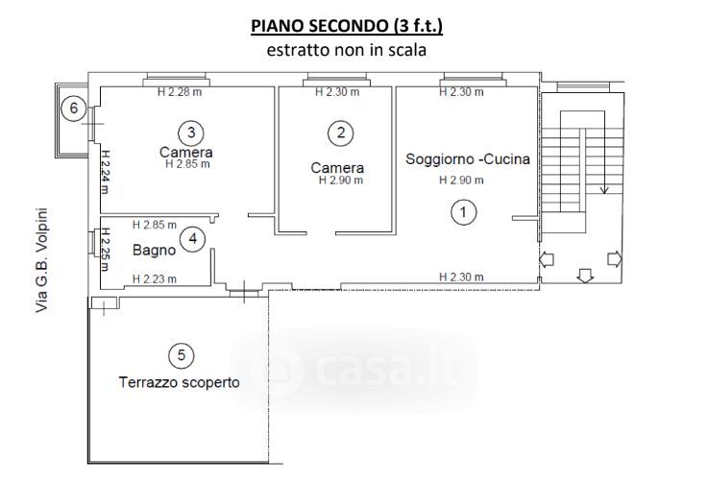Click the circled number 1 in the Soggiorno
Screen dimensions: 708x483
coord(464,211)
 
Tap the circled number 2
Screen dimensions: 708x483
coord(340,133)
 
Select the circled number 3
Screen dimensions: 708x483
coord(191,133)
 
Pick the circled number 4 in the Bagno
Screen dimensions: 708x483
coord(193,239)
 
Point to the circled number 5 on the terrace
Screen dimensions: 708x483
coord(182,355)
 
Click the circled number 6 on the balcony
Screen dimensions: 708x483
coord(74,109)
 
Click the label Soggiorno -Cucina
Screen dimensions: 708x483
coord(468,158)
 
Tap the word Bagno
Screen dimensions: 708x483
coord(154,250)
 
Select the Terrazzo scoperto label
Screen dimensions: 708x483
coord(180,382)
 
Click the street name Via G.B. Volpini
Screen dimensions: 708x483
coord(42,260)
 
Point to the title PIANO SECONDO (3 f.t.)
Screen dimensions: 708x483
coord(347,26)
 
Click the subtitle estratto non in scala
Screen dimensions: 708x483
coord(347,50)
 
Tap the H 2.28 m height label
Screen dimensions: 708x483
coord(180,92)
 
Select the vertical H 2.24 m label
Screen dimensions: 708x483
coord(105,172)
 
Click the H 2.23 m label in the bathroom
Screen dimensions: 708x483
coord(155,279)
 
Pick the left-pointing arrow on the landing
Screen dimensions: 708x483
coord(547,259)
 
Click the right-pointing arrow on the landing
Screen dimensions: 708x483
coord(615,259)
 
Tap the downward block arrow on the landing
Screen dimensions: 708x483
coord(585,276)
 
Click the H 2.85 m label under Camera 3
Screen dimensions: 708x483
coord(188,164)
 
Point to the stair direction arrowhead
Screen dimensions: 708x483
coord(604,190)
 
